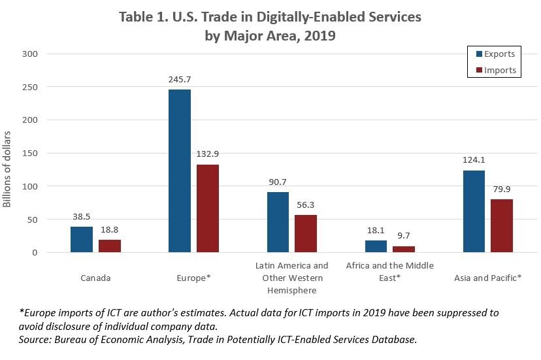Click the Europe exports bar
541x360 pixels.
click(x=180, y=171)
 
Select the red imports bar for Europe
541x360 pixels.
click(x=208, y=208)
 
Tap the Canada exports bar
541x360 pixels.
click(x=82, y=239)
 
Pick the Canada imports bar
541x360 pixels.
click(x=110, y=246)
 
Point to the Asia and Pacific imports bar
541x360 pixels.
click(x=502, y=226)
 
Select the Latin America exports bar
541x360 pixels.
click(x=278, y=222)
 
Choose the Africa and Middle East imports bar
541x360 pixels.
click(x=404, y=249)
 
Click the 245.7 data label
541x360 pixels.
click(x=180, y=79)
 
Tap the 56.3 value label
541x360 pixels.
click(x=306, y=205)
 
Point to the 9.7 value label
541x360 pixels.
click(x=404, y=235)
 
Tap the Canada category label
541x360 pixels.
click(x=95, y=278)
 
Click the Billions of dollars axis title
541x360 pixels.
click(x=8, y=169)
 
